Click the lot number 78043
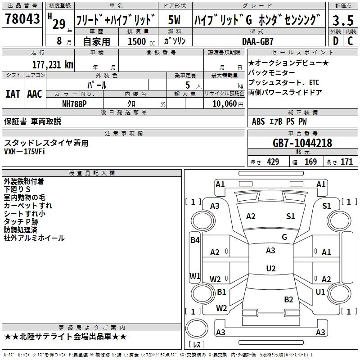22,19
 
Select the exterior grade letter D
335,41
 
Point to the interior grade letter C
350,41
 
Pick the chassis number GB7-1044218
302,143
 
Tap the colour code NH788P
74,103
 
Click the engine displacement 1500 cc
140,41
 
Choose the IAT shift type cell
13,94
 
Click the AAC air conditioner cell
35,94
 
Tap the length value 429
272,162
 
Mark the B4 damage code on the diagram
194,240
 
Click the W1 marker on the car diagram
194,276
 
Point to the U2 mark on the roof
270,269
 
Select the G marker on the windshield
284,237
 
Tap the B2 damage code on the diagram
288,299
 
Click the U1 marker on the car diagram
320,292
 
